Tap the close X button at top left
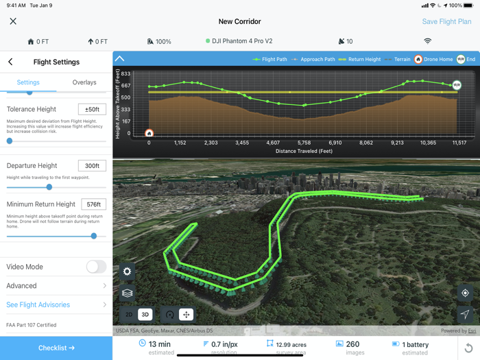13,21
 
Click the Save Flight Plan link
446,21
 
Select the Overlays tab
84,82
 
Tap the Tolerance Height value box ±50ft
92,109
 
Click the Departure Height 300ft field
92,165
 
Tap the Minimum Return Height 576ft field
93,204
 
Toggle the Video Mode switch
96,267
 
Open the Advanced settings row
56,286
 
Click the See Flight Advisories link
56,304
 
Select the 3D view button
145,315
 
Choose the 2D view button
129,315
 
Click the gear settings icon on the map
127,272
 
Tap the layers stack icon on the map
127,293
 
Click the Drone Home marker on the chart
149,133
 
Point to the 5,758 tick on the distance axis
304,143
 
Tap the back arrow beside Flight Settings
10,62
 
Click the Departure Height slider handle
49,187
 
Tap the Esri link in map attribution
472,331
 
